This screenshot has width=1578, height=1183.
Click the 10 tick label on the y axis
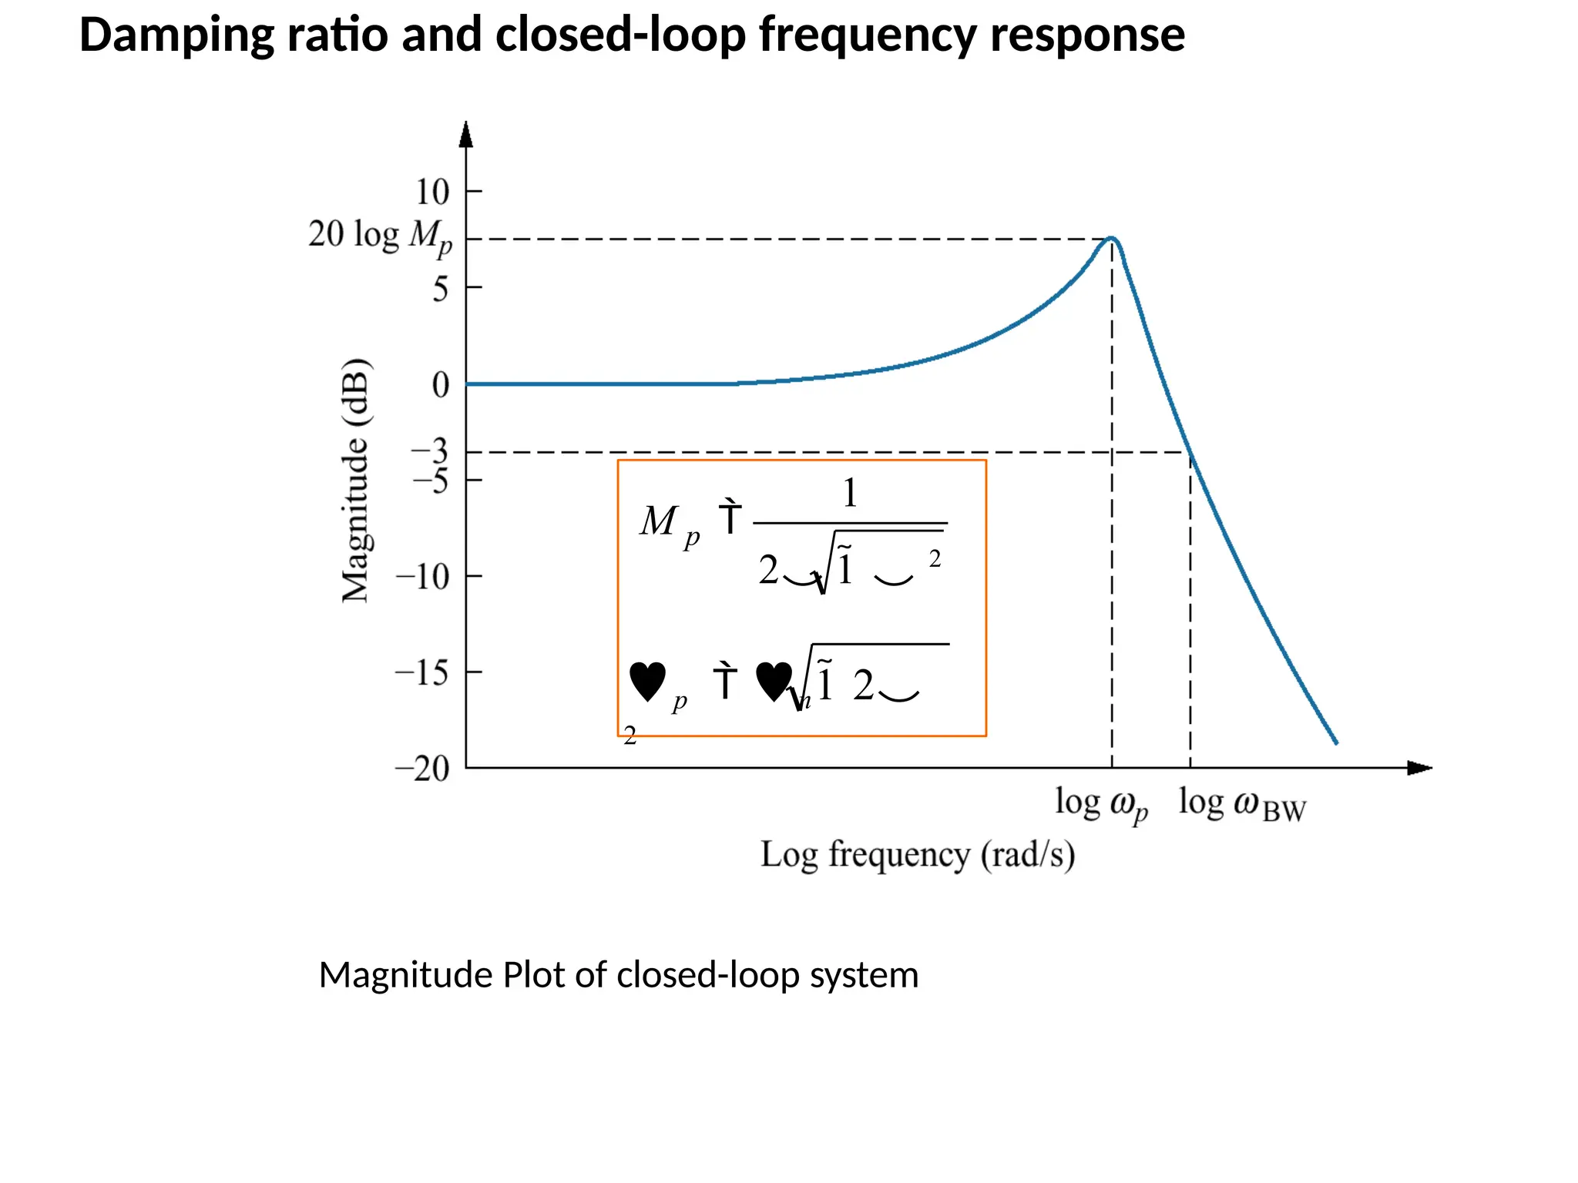point(432,192)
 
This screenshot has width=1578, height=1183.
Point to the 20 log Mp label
point(380,236)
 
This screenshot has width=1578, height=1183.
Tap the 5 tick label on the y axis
point(440,289)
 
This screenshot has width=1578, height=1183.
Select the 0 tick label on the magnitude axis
point(440,384)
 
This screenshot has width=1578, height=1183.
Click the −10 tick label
point(422,576)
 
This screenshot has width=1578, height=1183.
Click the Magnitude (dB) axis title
point(356,480)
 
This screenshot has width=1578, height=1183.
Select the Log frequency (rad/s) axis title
point(918,855)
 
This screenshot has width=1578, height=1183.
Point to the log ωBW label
point(1242,805)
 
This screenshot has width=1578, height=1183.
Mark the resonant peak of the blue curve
point(1112,238)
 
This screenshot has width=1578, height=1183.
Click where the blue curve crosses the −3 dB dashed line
point(1187,452)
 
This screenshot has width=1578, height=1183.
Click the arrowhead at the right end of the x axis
point(1419,768)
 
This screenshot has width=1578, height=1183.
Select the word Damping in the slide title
point(176,35)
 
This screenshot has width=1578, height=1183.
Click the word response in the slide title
point(1087,35)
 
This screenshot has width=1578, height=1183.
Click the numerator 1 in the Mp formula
point(849,493)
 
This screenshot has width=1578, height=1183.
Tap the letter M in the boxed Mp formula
point(660,521)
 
